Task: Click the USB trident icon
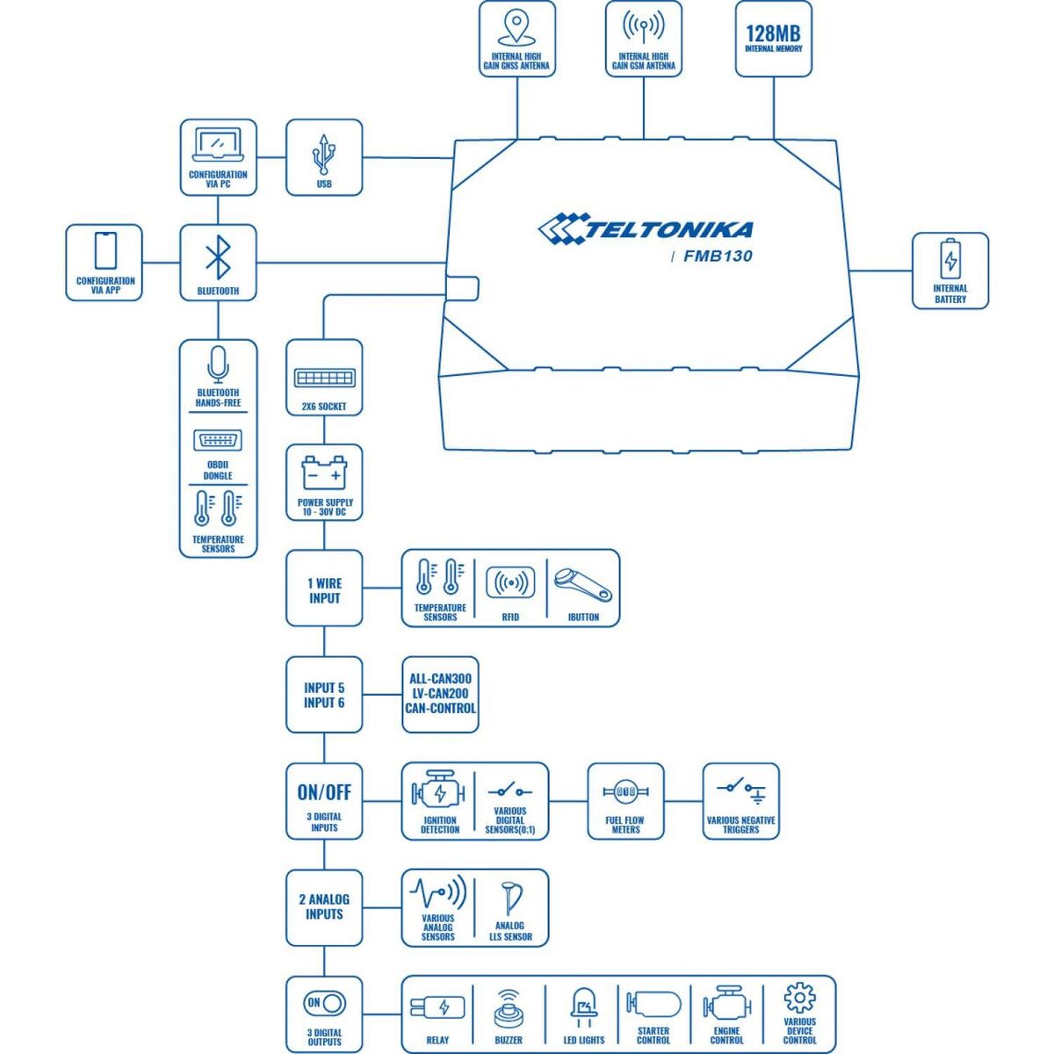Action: click(x=324, y=155)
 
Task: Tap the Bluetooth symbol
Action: click(x=218, y=257)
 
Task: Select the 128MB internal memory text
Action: click(x=773, y=33)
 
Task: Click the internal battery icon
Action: click(x=950, y=261)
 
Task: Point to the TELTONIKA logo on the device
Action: click(x=646, y=229)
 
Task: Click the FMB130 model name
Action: click(x=718, y=257)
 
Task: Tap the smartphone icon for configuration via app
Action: click(x=105, y=251)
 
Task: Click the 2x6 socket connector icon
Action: click(x=324, y=379)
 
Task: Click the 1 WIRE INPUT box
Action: click(x=324, y=590)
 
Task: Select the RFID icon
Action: click(x=510, y=583)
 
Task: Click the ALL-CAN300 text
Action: click(x=440, y=679)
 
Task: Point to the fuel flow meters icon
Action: click(x=625, y=792)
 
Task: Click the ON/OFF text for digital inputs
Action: click(x=324, y=792)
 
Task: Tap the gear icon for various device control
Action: click(x=799, y=999)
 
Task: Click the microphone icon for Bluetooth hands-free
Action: click(x=218, y=363)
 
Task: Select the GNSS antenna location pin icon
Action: click(x=516, y=30)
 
